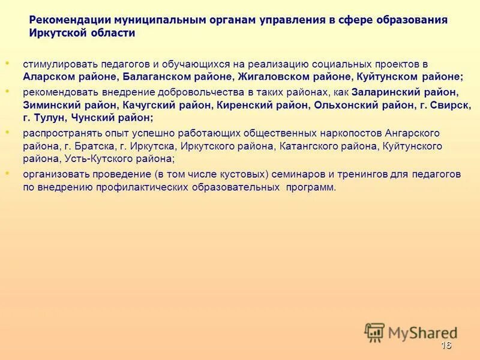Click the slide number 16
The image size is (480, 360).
[446, 345]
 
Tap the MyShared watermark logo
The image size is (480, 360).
[410, 332]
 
